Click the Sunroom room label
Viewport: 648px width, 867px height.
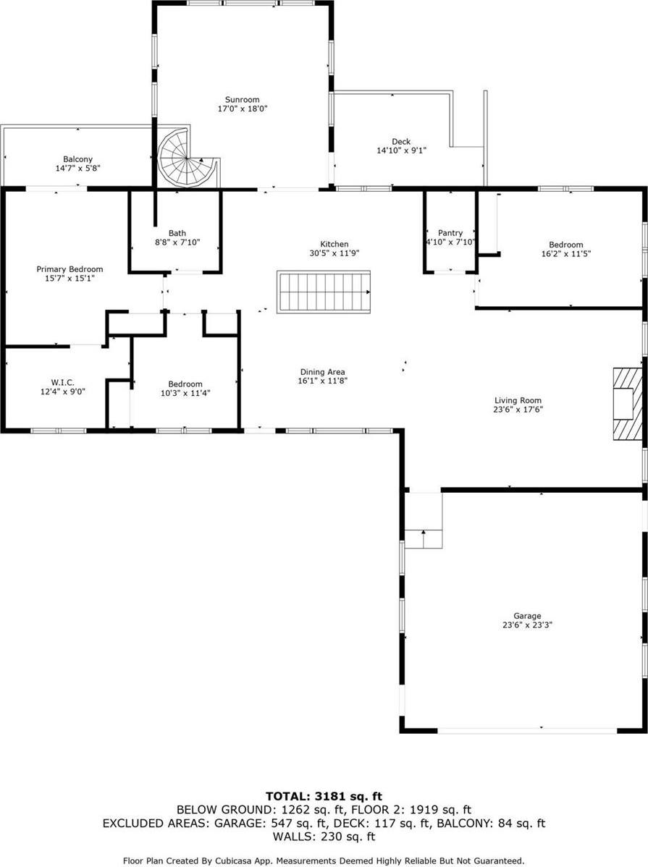[243, 100]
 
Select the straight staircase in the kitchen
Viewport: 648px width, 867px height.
[324, 292]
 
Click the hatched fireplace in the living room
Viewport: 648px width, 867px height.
[628, 404]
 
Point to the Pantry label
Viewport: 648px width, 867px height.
[450, 233]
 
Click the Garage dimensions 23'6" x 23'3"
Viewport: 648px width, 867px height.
[527, 625]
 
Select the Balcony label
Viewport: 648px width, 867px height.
[77, 159]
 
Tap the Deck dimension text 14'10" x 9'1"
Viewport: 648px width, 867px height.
[401, 151]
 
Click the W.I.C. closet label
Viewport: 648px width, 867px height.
[62, 383]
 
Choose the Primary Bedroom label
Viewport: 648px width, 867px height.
[70, 269]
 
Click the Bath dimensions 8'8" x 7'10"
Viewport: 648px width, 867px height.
[177, 242]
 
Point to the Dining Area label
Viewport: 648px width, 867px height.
[323, 371]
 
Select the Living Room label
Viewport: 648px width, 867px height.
[518, 400]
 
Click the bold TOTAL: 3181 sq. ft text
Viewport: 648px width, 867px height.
[324, 796]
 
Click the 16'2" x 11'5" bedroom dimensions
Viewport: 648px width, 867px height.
[566, 254]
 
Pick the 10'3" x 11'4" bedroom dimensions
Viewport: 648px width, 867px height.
[185, 393]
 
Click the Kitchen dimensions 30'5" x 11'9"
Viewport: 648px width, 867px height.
[334, 253]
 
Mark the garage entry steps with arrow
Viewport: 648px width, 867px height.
[424, 520]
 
